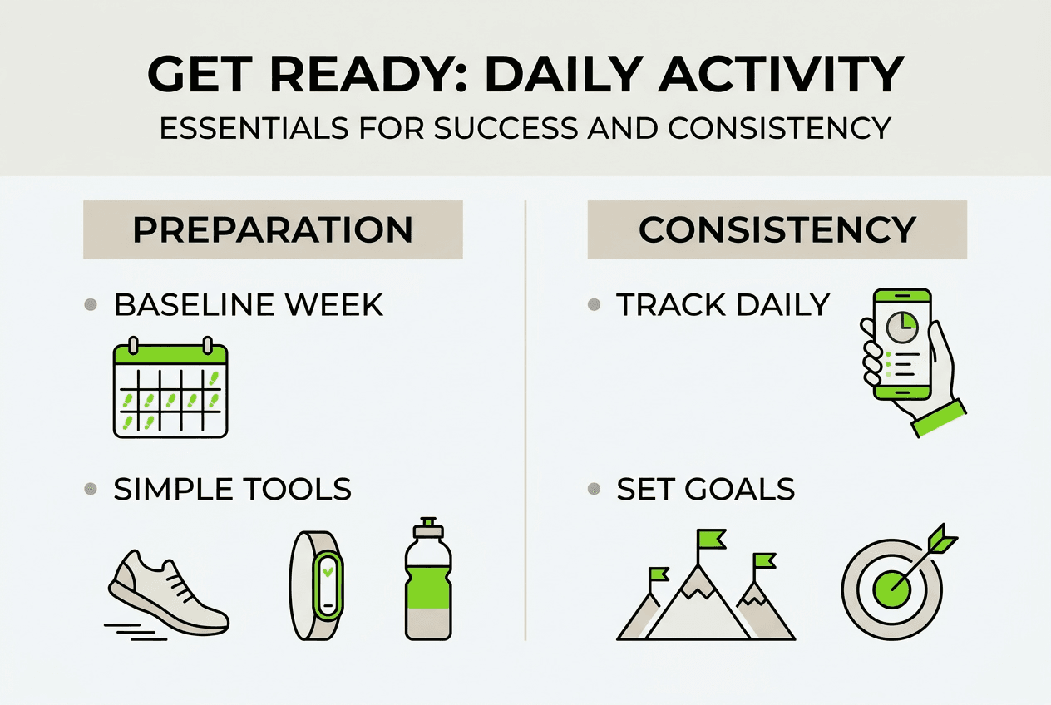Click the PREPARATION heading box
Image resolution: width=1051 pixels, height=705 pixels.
(x=273, y=229)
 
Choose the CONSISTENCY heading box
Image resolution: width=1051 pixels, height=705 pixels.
(x=777, y=229)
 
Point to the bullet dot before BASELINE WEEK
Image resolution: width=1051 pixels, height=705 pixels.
(x=92, y=305)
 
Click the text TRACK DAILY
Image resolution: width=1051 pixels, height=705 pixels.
(x=723, y=305)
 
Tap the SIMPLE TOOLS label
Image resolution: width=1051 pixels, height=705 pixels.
(x=232, y=489)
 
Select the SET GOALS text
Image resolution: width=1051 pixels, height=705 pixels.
(x=705, y=489)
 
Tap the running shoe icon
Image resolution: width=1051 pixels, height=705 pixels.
(x=167, y=592)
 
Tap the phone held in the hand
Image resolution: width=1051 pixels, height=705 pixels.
(x=901, y=345)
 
